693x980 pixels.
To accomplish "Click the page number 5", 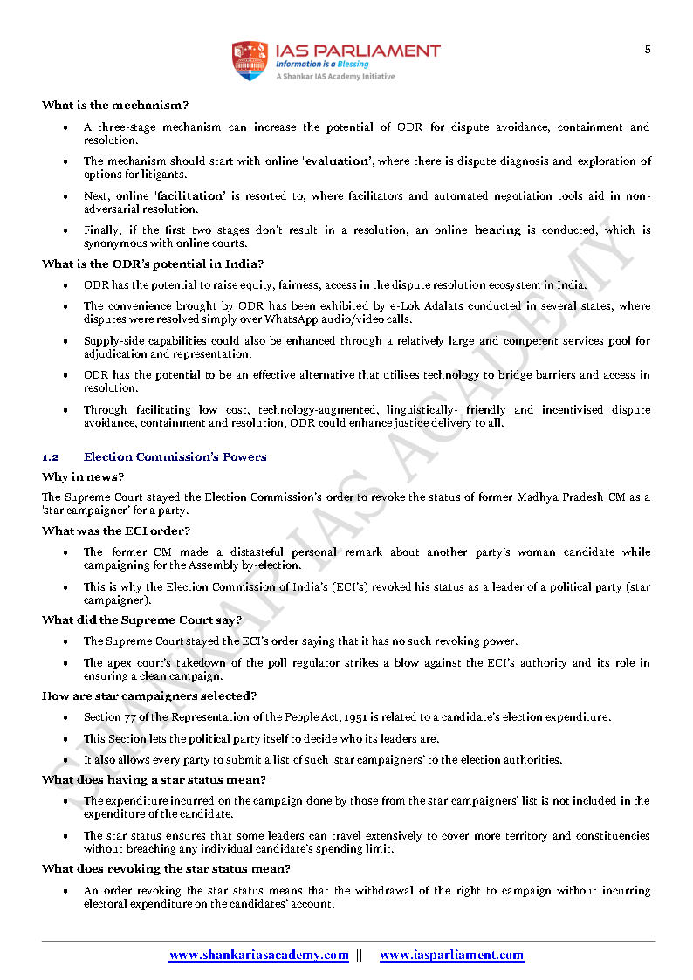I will [648, 50].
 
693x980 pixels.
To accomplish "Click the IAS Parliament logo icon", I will [248, 61].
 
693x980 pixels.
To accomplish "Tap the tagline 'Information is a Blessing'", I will [322, 65].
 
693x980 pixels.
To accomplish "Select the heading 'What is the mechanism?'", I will [114, 106].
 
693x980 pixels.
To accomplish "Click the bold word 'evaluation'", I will [339, 161].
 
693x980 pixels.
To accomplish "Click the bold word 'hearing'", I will [497, 230].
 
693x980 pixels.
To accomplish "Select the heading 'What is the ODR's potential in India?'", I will [153, 264].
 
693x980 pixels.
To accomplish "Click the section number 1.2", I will [50, 457].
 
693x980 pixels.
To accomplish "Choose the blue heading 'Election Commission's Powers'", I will [175, 457].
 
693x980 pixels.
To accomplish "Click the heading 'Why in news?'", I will [83, 477].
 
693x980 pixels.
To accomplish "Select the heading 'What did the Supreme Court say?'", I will [141, 620].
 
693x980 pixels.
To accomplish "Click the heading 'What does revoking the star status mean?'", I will [166, 869].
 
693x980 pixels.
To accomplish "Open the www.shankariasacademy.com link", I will [258, 956].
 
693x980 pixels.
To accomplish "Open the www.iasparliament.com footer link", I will [451, 956].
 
